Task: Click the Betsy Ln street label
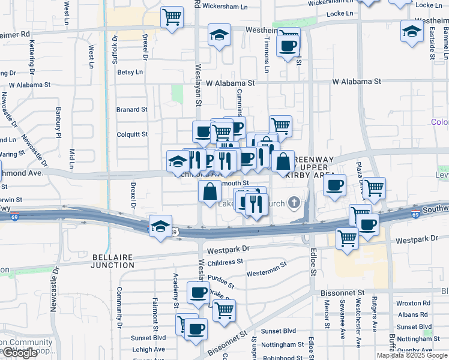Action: (130, 72)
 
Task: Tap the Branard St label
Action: (131, 110)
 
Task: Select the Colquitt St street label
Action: (131, 134)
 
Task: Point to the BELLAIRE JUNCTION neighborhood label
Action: (113, 260)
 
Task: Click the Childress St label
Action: (224, 262)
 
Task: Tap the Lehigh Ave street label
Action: (149, 349)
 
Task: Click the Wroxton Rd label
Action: (418, 304)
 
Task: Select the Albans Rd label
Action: (418, 315)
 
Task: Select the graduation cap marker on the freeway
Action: (160, 226)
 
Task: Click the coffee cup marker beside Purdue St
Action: (198, 293)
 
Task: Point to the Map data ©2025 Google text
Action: (412, 355)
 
